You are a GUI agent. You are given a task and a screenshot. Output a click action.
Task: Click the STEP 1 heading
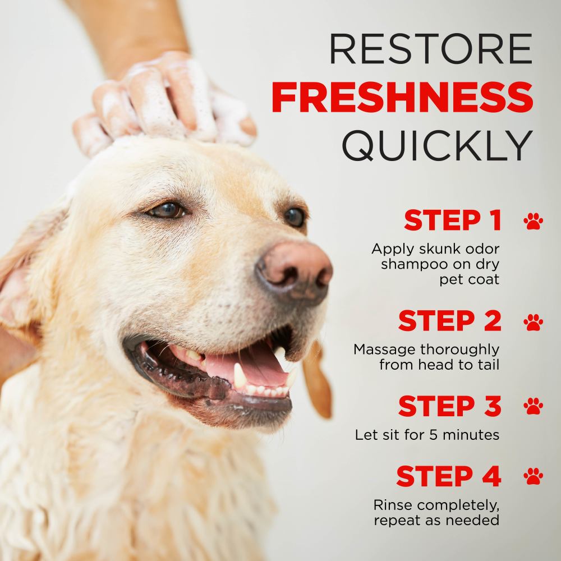click(452, 221)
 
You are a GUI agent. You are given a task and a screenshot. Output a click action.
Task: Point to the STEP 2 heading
click(449, 321)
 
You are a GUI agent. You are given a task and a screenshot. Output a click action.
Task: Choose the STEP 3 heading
click(449, 406)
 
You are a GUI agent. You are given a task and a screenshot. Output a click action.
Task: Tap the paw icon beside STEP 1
click(533, 220)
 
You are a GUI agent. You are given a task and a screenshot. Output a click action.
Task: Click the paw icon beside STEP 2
click(533, 321)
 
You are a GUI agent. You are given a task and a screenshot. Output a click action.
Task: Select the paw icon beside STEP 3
click(533, 406)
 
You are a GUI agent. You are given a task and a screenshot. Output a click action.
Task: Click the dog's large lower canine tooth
click(240, 375)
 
